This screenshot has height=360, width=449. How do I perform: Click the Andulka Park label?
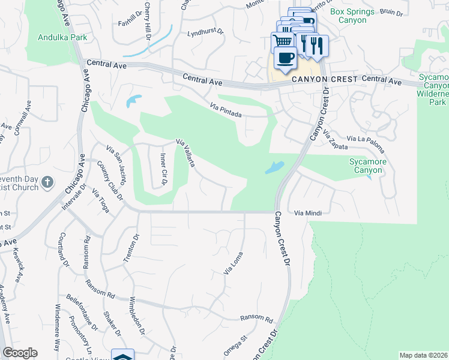63,37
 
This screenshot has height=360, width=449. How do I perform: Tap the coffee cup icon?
285,59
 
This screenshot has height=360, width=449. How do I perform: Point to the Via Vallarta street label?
185,153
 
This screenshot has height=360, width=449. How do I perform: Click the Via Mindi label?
309,212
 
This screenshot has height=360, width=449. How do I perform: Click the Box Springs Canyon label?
352,16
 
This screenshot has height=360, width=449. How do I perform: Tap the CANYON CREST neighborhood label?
324,79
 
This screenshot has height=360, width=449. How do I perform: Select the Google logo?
20,353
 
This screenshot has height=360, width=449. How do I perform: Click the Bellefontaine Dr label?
82,313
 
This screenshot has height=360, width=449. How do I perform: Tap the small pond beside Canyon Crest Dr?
274,167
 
